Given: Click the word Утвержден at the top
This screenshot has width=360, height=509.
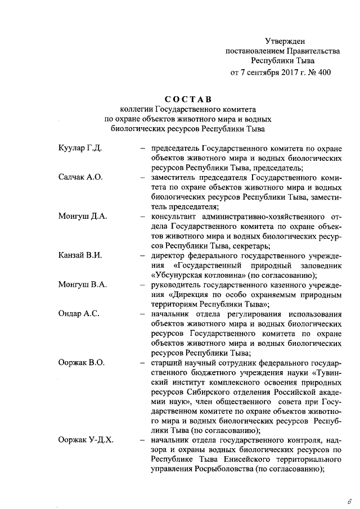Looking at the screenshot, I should click(x=285, y=41).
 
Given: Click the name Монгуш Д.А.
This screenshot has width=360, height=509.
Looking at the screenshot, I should click(x=82, y=216).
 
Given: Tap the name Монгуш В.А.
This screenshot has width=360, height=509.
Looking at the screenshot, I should click(x=82, y=285).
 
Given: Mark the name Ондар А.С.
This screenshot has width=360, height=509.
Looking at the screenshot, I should click(x=79, y=314).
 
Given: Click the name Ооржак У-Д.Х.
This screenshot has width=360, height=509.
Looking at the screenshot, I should click(x=86, y=440).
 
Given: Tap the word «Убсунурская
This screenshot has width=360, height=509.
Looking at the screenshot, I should click(x=182, y=275).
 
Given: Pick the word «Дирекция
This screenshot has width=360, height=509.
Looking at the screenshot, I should click(x=175, y=295).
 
